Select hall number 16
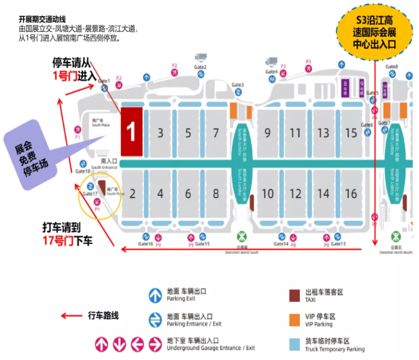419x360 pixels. pos(351,194)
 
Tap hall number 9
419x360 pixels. pos(268,133)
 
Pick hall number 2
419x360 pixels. pos(133,194)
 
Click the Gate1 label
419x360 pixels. pos(104,81)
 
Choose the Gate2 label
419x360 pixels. pos(201,67)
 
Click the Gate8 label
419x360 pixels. pos(392,67)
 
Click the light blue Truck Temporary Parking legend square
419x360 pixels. pos(295,344)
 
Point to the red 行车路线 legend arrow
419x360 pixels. pos(70,316)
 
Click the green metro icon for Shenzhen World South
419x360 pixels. pos(242,235)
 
